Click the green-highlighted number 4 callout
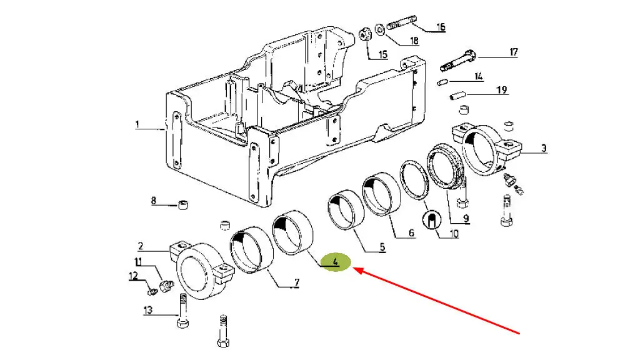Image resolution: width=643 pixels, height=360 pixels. click(x=336, y=262)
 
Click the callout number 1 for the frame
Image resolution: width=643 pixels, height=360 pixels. click(x=137, y=124)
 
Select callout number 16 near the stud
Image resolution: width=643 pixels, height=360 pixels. click(x=441, y=27)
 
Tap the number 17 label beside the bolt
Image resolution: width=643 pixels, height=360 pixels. click(x=513, y=52)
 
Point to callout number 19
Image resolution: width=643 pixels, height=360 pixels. click(x=502, y=90)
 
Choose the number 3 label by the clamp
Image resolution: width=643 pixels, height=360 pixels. click(x=544, y=148)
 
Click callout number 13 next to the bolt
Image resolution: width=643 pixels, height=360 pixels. click(x=147, y=311)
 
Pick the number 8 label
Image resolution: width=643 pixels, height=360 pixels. click(x=153, y=201)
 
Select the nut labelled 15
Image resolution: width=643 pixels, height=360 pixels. click(x=366, y=36)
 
